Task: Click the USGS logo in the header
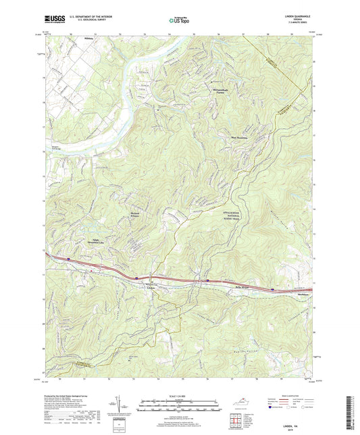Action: [55, 19]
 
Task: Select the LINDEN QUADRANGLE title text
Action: [298, 16]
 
